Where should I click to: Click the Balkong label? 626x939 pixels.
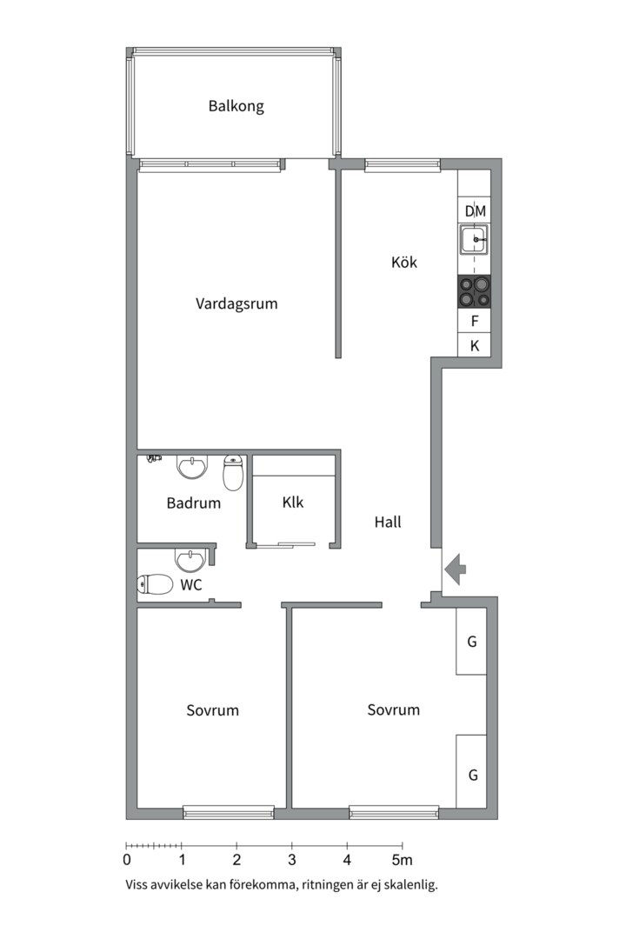point(236,107)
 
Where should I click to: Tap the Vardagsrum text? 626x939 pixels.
point(236,303)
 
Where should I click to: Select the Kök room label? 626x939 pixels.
point(404,262)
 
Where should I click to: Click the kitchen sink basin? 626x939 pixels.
point(474,240)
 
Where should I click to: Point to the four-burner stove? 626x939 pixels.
point(474,291)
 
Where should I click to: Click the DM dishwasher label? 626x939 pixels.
point(475,211)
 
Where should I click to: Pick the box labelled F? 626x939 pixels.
point(474,321)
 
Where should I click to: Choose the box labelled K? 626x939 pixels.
point(474,345)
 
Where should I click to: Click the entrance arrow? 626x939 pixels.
point(456,569)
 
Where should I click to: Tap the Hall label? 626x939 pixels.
point(388,523)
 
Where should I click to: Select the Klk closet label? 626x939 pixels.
point(293,503)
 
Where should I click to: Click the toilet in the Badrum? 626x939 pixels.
point(232,472)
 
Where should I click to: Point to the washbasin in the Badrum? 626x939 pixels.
point(192,467)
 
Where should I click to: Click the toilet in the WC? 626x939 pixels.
point(155,584)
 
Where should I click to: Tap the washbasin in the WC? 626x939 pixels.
point(190,561)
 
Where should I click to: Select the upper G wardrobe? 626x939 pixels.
point(471,641)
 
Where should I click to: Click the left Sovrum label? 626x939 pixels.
point(213,710)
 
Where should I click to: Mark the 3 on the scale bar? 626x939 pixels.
point(292,860)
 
